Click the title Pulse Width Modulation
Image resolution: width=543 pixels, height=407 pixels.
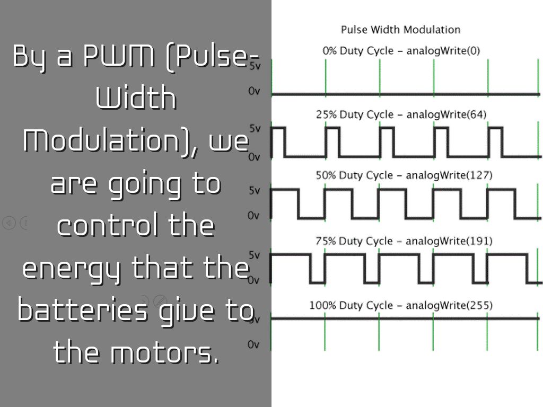400,30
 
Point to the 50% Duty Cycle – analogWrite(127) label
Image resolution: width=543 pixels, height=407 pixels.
404,175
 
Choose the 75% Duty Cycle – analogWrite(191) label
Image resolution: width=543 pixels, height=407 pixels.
404,241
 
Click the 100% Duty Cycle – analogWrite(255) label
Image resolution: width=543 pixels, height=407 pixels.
401,306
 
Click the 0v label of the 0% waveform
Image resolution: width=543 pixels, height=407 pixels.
255,91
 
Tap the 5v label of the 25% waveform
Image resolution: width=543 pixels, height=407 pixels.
255,128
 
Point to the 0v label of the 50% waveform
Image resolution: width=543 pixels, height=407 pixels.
255,216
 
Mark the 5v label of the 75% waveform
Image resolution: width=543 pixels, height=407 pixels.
255,255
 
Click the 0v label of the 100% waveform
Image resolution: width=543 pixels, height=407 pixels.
255,345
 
